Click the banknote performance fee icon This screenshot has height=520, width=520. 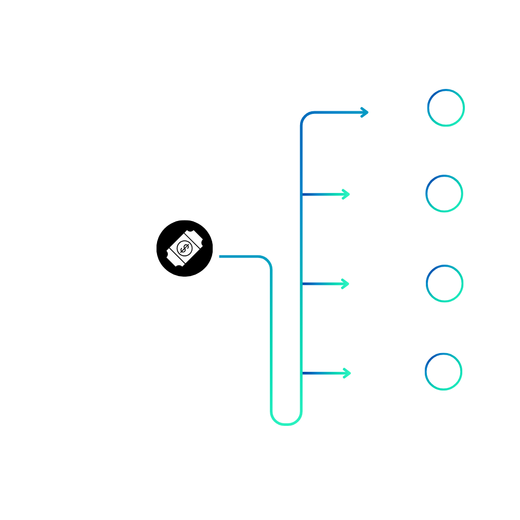(184, 249)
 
